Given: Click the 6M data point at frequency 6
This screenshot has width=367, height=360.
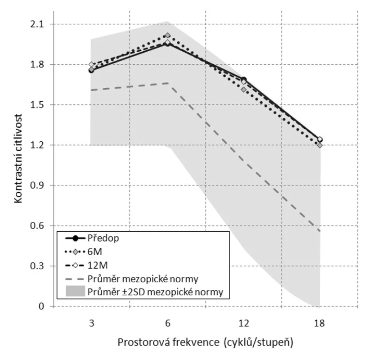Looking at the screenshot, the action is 168,36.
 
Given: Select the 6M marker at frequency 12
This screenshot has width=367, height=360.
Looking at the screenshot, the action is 244,90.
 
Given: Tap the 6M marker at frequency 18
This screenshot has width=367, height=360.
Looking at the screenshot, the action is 320,145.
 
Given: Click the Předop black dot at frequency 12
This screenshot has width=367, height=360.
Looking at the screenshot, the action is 244,79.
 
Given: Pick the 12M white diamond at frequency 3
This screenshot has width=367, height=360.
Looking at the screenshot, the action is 91,64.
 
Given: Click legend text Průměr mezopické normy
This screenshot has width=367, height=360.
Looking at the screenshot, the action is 143,279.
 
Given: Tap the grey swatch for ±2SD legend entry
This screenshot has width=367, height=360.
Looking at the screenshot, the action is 75,291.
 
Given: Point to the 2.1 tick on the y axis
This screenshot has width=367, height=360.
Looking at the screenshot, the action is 37,24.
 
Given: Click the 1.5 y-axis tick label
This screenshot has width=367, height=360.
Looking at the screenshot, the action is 37,105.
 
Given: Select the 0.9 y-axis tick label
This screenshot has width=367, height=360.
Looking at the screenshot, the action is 37,185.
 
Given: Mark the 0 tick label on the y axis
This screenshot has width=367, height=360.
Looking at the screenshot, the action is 41,306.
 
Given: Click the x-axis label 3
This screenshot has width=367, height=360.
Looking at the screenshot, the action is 91,324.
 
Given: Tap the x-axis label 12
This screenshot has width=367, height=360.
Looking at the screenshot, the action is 244,324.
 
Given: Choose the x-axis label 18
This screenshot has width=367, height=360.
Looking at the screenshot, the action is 320,324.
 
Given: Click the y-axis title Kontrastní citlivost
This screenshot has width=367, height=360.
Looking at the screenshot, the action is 18,158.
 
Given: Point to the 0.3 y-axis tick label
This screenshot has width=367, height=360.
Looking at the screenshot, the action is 37,266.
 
